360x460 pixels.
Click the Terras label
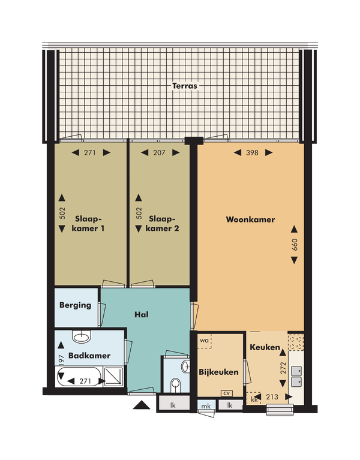pyautogui.click(x=185, y=86)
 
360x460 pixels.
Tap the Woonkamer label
pyautogui.click(x=250, y=220)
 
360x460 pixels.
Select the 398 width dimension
pyautogui.click(x=253, y=152)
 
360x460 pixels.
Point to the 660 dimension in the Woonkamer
pyautogui.click(x=295, y=244)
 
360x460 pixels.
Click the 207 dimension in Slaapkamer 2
pyautogui.click(x=159, y=152)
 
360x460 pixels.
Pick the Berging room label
pyautogui.click(x=75, y=305)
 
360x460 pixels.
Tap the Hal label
pyautogui.click(x=142, y=314)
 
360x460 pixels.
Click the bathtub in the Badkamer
pyautogui.click(x=79, y=377)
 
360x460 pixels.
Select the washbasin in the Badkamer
pyautogui.click(x=82, y=336)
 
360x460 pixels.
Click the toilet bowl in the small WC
pyautogui.click(x=175, y=385)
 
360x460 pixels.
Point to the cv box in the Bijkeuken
pyautogui.click(x=227, y=393)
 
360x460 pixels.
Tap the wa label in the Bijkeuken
pyautogui.click(x=204, y=340)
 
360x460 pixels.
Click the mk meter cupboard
pyautogui.click(x=206, y=406)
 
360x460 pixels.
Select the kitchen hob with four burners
pyautogui.click(x=296, y=342)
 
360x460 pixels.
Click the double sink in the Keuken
pyautogui.click(x=296, y=376)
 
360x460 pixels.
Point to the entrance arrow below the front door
pyautogui.click(x=142, y=405)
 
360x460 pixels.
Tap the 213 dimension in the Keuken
pyautogui.click(x=272, y=397)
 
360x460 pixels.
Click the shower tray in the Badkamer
pyautogui.click(x=113, y=377)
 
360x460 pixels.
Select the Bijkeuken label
pyautogui.click(x=218, y=372)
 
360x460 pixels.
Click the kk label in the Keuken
pyautogui.click(x=254, y=399)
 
